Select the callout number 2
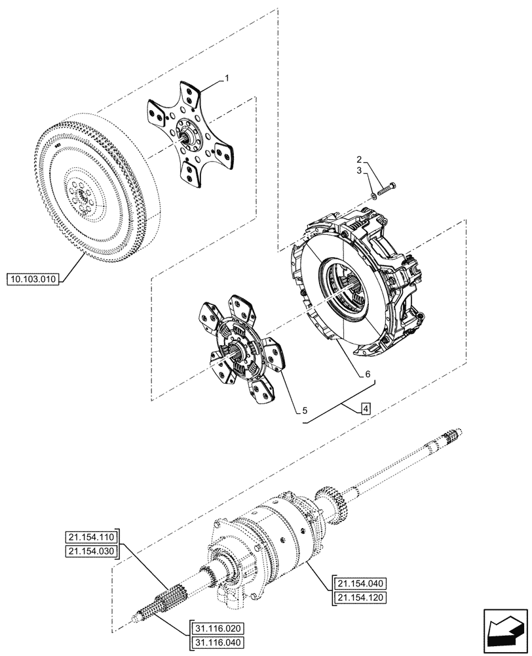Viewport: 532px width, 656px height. (x=359, y=159)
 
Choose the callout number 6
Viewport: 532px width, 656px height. (x=368, y=374)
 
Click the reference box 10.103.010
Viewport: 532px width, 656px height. (x=33, y=279)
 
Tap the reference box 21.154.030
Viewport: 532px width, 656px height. (x=92, y=552)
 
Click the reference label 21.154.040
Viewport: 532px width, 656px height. (x=362, y=584)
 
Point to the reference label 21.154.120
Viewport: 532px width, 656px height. (x=362, y=597)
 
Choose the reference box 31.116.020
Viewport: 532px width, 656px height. (x=217, y=626)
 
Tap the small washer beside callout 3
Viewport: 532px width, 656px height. (x=374, y=194)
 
